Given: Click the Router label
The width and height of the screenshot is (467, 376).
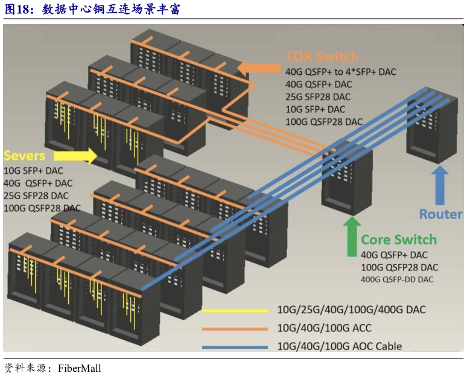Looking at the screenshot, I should [x=440, y=214].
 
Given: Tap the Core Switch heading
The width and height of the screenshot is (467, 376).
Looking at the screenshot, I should [x=398, y=240].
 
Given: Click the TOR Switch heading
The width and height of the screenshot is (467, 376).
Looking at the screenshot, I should [x=322, y=57].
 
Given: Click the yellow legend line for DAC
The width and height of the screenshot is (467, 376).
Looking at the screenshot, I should [x=235, y=311].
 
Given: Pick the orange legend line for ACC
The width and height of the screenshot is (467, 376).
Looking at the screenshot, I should [x=235, y=329].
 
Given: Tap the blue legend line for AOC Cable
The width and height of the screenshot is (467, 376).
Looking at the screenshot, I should [x=235, y=347].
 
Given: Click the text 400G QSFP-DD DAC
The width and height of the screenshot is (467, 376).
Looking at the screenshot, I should [x=396, y=279].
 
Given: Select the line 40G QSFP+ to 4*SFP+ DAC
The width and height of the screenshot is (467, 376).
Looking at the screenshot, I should [x=340, y=72].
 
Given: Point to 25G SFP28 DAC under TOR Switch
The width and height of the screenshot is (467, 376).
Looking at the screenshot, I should [x=317, y=97].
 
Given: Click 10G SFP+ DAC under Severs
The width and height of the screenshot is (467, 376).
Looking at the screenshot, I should [x=34, y=170].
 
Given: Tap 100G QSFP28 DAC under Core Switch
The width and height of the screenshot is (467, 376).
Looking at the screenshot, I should [x=399, y=267].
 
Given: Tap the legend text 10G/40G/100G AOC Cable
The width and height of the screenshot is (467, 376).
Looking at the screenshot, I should [x=339, y=346].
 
